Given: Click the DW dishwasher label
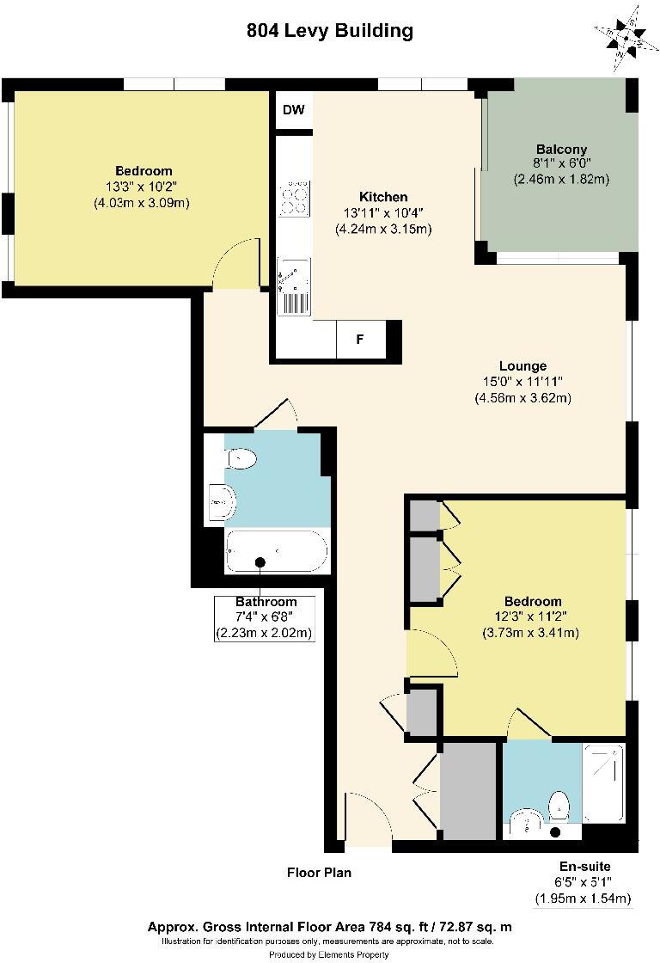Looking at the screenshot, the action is coord(293,110).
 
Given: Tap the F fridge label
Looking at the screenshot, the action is coord(360,339).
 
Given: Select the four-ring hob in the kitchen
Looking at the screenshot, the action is coord(294,199).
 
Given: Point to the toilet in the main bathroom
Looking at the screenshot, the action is coord(241,458).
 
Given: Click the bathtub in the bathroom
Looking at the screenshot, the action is coord(276,551).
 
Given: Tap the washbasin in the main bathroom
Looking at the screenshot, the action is coord(223,502).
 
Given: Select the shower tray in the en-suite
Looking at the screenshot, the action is coord(603,783).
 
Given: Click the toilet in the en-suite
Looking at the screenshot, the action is coord(558,805).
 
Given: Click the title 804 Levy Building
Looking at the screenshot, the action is coord(330,31).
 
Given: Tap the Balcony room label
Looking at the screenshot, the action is coord(561,150).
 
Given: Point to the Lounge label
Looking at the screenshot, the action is coord(522,366).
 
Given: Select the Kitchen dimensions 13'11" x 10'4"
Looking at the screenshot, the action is coord(384,213).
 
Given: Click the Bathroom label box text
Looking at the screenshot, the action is coord(266,602).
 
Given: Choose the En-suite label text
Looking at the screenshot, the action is coord(584,867).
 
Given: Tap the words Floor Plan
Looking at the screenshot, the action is coord(319,872).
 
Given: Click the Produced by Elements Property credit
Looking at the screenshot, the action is coord(329,954).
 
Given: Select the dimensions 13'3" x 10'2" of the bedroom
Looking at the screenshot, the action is coord(142,187).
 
